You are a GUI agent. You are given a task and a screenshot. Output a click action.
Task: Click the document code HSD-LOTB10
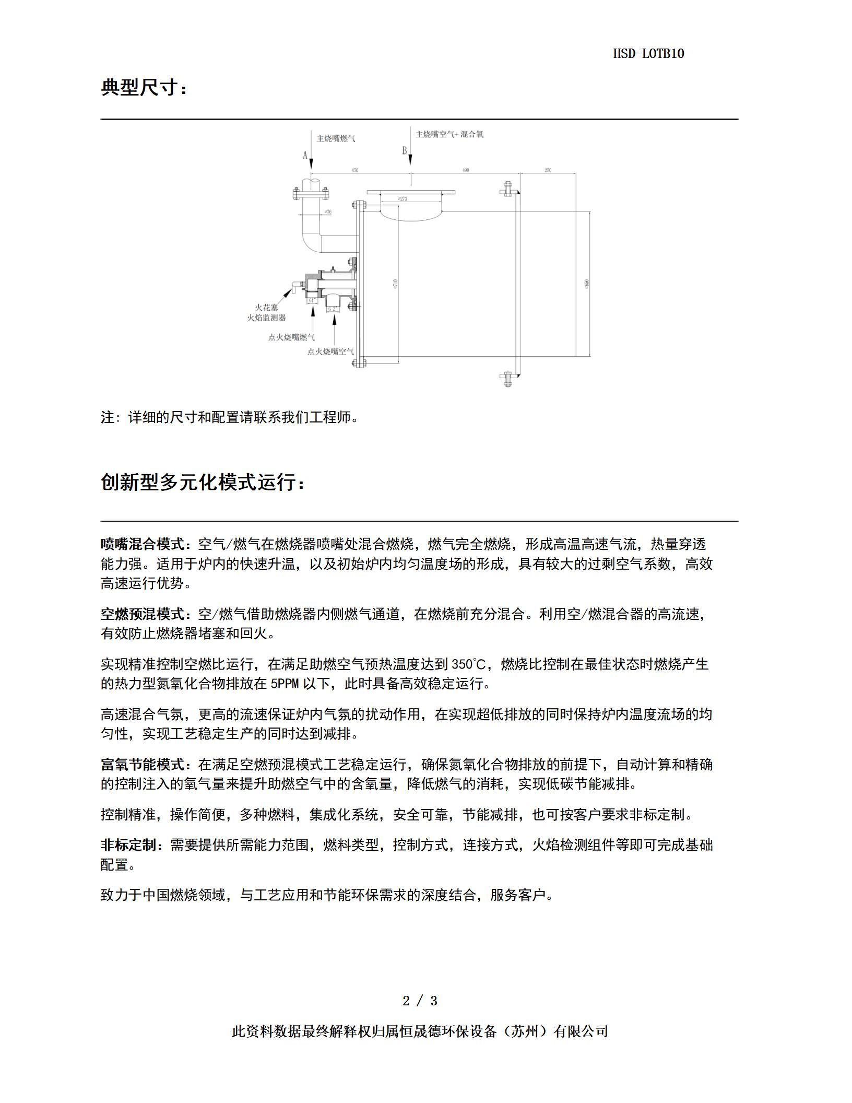coord(648,54)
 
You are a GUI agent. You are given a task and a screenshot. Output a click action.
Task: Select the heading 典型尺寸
coord(143,88)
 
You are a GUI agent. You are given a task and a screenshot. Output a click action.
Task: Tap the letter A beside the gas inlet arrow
coord(305,155)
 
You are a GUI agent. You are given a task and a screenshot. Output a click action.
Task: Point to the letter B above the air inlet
coord(404,151)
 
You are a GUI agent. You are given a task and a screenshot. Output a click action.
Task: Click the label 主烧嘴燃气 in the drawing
coord(336,139)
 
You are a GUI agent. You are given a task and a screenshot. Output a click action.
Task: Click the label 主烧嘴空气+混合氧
coord(449,134)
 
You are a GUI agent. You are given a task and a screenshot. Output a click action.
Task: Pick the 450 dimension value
coord(355,170)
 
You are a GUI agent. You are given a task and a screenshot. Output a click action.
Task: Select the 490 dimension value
coord(465,170)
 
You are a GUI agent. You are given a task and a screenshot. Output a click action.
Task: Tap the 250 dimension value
coord(548,170)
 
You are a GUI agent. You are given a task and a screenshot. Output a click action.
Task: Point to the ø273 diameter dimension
coord(402,199)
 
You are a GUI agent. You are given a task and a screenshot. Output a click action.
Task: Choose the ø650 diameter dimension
coord(587,284)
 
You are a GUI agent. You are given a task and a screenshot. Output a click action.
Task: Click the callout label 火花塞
coord(266,308)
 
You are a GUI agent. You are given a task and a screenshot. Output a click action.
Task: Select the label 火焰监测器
coord(266,318)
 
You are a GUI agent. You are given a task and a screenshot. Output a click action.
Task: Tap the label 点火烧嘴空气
coord(330,351)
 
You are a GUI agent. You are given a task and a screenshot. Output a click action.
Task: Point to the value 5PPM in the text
coord(285,684)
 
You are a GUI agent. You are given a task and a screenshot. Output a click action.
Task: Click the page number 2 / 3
coord(420,1001)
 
